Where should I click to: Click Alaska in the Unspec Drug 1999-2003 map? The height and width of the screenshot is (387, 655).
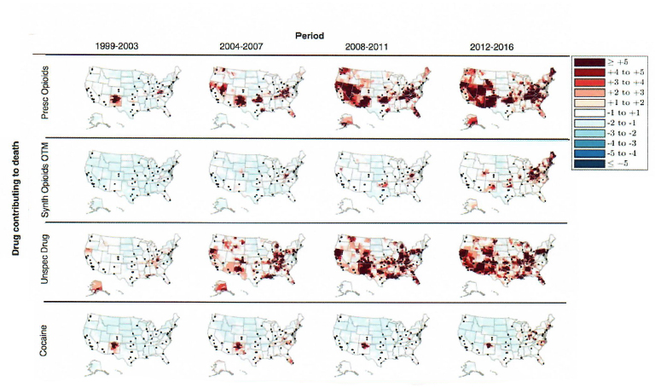coord(97,286)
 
